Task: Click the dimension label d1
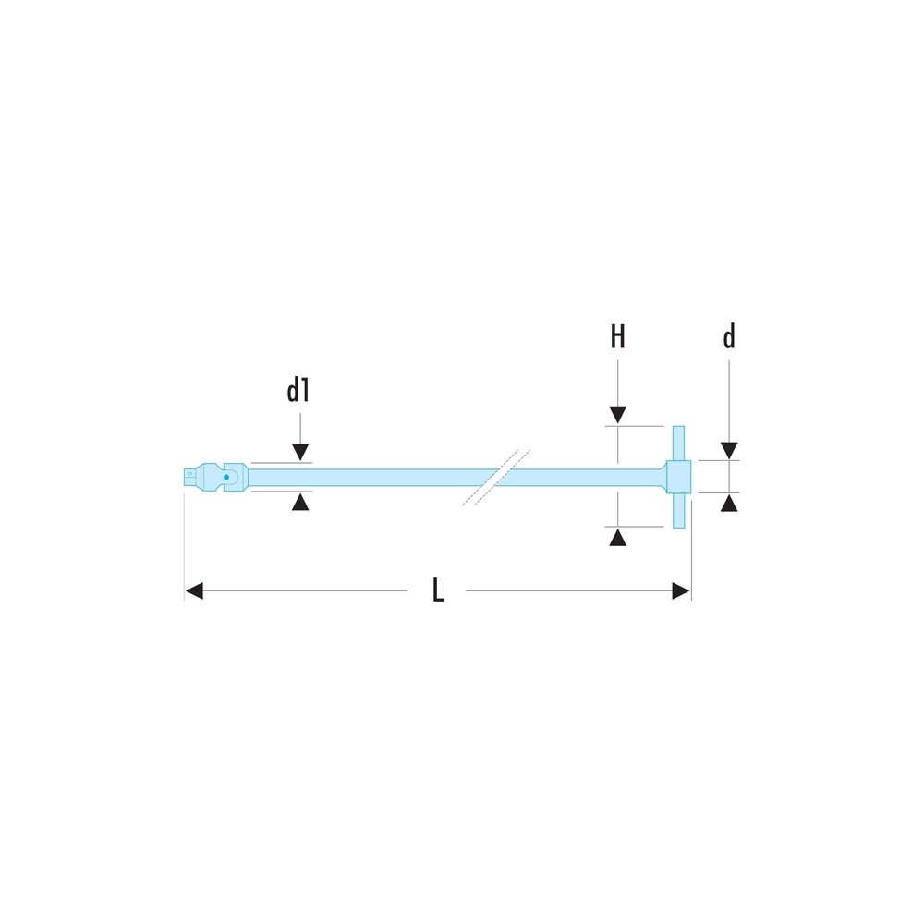298,391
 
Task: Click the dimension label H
617,336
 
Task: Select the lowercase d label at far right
729,336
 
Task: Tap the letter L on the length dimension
438,590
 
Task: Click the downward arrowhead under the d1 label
300,452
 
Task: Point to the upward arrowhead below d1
300,502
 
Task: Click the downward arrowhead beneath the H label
617,415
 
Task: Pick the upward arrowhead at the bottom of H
617,538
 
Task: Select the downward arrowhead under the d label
729,451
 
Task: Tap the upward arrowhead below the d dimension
729,504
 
